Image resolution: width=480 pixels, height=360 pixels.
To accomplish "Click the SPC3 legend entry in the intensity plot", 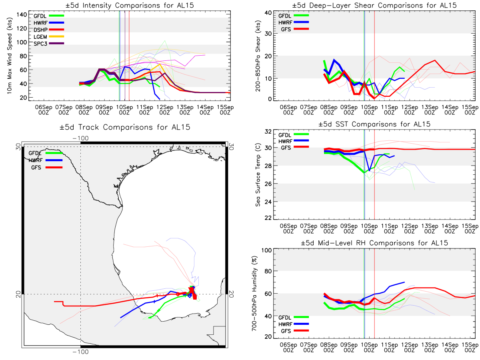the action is point(49,44).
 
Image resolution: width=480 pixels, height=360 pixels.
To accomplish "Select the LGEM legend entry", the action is point(49,37).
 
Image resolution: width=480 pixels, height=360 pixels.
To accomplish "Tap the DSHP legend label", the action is point(40,30).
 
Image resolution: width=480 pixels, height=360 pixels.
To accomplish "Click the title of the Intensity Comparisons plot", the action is point(130,5).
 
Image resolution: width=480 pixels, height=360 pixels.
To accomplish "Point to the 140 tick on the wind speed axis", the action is point(22,15).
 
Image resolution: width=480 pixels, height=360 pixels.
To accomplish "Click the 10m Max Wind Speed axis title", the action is point(10,56).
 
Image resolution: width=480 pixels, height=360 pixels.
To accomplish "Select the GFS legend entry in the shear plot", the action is point(293,29).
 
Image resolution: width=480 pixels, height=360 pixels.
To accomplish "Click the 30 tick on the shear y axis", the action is point(268,34).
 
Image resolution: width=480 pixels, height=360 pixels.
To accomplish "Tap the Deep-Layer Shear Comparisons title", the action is point(374,5).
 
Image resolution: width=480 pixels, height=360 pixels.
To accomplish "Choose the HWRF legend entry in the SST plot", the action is point(293,141).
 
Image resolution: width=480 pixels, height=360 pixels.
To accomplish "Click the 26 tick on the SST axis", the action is point(268,184).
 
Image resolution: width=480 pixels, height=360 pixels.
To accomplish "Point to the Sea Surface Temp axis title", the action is point(258,175).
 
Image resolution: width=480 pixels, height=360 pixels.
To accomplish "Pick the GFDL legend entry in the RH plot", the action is point(293,317).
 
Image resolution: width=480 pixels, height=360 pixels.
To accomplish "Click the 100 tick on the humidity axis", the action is point(266,250).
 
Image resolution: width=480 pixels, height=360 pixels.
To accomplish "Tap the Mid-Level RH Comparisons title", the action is point(374,243).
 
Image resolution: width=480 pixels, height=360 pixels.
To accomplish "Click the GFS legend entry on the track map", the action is point(47,168).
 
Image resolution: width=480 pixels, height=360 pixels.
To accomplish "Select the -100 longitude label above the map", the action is point(80,138).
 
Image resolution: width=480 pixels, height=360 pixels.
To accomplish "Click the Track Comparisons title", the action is point(125,127).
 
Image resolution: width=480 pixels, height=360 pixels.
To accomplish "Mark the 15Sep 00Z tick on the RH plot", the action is point(470,347).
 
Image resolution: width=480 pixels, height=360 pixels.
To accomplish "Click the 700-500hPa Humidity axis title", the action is point(254,293).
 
